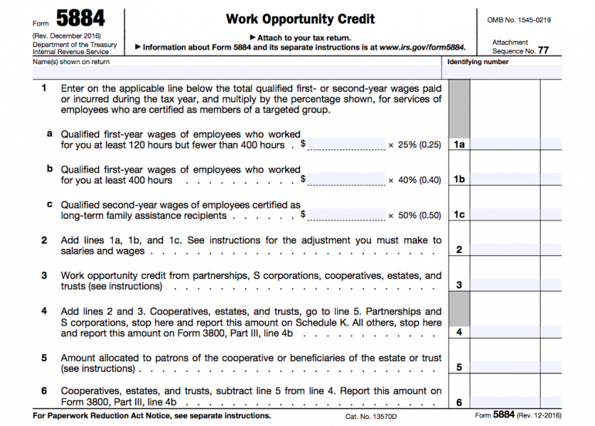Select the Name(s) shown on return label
(x=71, y=62)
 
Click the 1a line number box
(x=458, y=145)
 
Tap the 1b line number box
(x=458, y=180)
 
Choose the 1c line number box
(x=458, y=215)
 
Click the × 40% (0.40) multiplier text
(x=414, y=180)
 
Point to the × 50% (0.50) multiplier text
(x=414, y=216)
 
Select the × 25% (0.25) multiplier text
(x=414, y=145)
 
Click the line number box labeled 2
(x=458, y=250)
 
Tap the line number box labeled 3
(x=458, y=285)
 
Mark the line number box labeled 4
(x=458, y=332)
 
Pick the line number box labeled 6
(x=458, y=402)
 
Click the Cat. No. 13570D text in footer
(x=369, y=416)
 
